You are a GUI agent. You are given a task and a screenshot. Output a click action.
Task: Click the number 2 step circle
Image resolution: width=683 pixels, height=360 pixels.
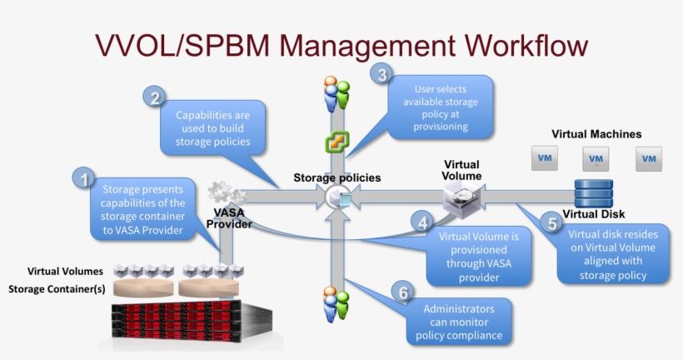click(155, 97)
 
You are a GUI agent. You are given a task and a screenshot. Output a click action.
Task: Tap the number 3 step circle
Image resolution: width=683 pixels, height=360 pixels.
click(381, 75)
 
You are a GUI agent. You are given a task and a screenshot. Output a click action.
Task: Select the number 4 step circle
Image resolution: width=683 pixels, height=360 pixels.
click(423, 222)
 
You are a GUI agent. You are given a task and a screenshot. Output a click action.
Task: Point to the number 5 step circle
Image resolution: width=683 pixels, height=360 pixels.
click(551, 222)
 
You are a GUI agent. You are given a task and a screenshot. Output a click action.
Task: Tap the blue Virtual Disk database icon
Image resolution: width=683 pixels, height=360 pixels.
click(593, 194)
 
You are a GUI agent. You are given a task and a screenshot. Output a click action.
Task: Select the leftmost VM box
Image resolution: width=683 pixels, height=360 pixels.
click(545, 158)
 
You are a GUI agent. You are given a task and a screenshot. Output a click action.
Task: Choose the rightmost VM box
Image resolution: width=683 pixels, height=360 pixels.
click(649, 158)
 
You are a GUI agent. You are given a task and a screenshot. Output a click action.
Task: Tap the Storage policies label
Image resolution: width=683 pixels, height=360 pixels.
click(337, 177)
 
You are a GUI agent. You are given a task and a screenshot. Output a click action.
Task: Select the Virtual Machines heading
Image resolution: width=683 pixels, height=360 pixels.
click(596, 133)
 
